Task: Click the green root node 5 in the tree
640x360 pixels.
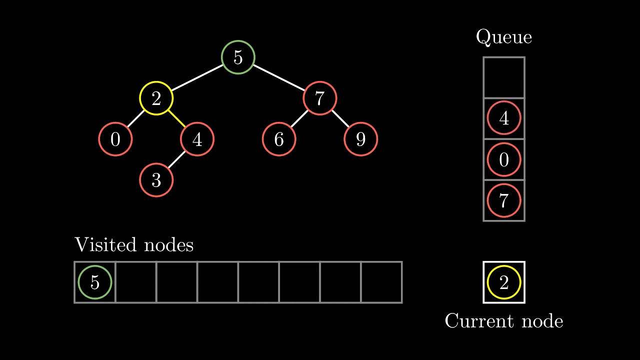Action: tap(238, 57)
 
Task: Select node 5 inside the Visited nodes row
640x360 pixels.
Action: tap(95, 282)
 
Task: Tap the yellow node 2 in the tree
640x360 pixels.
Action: tap(156, 98)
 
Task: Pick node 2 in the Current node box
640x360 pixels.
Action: tap(504, 282)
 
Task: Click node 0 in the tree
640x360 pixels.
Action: tap(115, 139)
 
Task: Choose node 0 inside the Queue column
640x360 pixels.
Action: tap(504, 160)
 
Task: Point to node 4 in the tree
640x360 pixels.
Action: tap(197, 139)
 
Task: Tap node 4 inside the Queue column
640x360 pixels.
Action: tap(504, 119)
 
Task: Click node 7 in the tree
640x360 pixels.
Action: tap(319, 98)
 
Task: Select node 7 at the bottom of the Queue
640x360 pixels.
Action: tap(504, 200)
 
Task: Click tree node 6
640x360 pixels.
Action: tap(279, 139)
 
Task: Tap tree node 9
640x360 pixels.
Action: tap(360, 139)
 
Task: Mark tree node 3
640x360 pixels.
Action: tap(156, 180)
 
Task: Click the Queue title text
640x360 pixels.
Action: tap(504, 37)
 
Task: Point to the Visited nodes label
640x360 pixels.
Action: tap(134, 245)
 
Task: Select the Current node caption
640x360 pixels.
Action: tap(504, 321)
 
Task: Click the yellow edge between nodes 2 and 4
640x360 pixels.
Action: tap(176, 119)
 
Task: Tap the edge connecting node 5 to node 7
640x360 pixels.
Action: tap(279, 77)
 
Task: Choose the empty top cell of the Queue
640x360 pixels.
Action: tap(504, 77)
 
